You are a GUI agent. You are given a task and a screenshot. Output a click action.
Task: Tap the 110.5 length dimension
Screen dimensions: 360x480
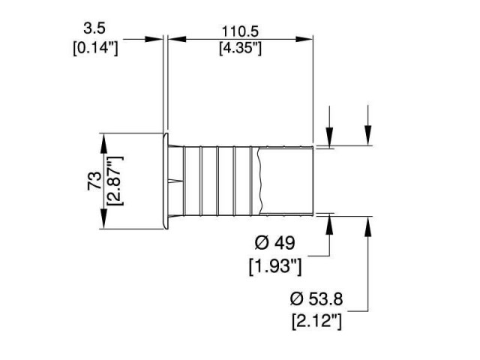[238, 31]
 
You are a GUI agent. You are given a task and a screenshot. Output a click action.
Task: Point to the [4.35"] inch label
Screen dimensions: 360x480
[238, 49]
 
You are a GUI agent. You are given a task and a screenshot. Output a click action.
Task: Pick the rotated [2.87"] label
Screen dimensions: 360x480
[114, 181]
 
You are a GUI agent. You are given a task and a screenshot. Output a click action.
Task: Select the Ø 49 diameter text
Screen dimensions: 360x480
[274, 243]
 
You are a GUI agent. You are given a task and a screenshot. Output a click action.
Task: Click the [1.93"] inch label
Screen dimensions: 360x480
[274, 265]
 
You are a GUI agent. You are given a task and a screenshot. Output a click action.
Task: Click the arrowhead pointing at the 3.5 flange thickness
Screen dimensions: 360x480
[156, 40]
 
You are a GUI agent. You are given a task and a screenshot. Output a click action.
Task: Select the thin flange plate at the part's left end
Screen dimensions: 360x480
[163, 181]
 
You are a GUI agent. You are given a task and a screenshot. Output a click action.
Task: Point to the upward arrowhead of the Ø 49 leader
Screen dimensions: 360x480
[328, 223]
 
